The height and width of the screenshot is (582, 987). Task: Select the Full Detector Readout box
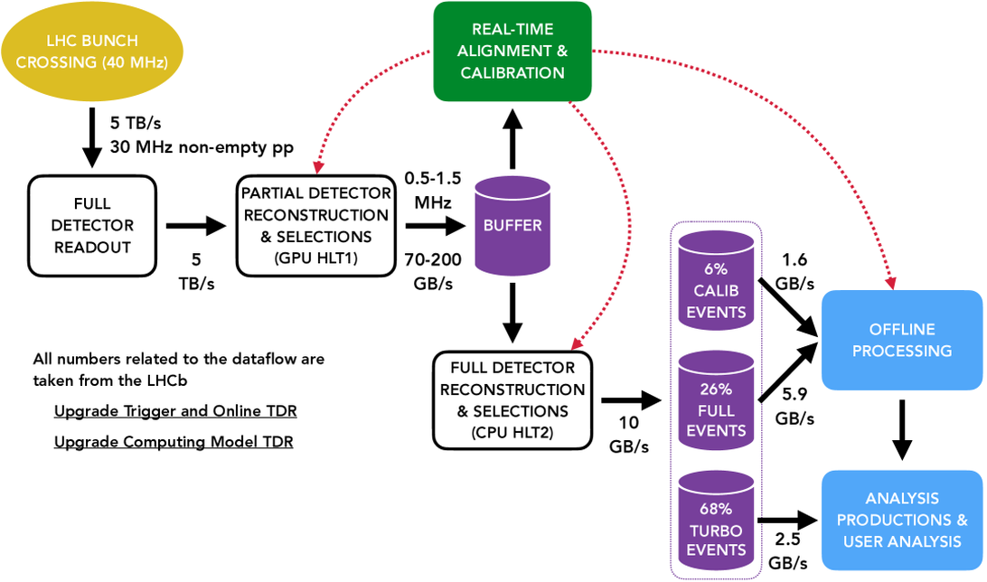[x=92, y=225]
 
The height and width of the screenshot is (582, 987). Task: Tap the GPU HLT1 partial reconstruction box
[x=315, y=226]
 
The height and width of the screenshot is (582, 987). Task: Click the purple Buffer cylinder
[x=512, y=226]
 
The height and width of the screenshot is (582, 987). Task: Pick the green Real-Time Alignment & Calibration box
[x=512, y=51]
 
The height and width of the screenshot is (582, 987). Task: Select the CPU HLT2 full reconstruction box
[x=512, y=400]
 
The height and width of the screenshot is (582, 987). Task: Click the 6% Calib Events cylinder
[x=715, y=290]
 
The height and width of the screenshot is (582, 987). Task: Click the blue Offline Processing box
[x=900, y=340]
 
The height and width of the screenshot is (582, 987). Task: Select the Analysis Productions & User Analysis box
[x=901, y=520]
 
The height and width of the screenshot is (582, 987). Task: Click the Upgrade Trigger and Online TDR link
[x=175, y=411]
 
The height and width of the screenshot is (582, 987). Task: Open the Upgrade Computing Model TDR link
[x=174, y=442]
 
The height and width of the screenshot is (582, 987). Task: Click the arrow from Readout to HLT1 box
[x=193, y=225]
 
